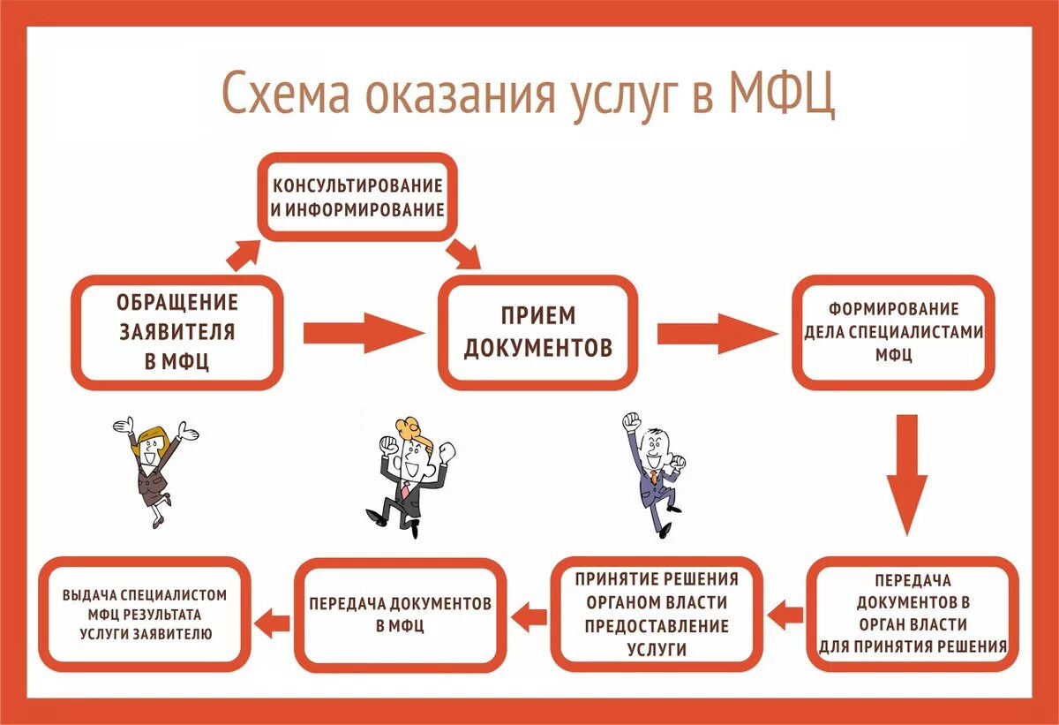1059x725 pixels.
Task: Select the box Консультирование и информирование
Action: (357, 198)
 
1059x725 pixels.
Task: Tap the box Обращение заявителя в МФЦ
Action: (176, 332)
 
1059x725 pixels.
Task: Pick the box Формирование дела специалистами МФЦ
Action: (893, 332)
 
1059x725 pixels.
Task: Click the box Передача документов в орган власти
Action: (912, 614)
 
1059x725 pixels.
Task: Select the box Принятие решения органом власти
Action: (657, 614)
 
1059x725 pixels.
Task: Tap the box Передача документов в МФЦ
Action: (400, 614)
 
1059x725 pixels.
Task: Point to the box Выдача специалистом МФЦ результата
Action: (145, 614)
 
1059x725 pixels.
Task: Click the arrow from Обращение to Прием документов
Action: (362, 333)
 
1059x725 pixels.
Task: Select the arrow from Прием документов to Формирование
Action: (716, 333)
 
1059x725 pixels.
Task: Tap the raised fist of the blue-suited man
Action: (630, 421)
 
